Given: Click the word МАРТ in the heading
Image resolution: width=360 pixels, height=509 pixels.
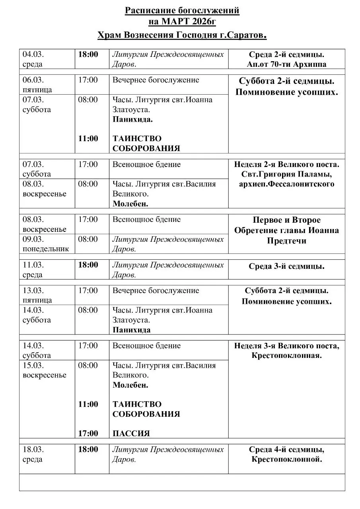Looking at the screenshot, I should pos(176,22).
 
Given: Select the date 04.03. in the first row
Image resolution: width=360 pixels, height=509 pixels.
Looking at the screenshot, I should pos(33,54).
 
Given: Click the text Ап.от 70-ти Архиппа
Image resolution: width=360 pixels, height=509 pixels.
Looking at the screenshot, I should pos(286,64).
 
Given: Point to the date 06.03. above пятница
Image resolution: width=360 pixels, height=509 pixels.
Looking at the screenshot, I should pos(33,80).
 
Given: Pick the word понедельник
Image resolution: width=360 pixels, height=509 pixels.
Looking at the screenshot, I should pos(46,249).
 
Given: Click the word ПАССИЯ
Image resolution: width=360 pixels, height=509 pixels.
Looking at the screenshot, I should pos(131,433).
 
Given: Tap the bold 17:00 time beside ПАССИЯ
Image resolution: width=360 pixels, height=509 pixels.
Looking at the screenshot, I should pos(88,433).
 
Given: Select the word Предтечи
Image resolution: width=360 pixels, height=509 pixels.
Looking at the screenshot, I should pos(286,241).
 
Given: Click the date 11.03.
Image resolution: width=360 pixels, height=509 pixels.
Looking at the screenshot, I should pos(33,265).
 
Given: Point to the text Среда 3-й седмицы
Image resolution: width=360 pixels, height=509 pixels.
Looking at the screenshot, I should pos(286,266).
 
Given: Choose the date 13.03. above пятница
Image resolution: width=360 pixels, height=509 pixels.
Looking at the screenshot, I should pos(33,291).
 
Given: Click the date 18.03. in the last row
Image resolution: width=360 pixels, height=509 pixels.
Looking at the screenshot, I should pos(33,449).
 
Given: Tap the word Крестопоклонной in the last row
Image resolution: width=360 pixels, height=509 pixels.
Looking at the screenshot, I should pos(286,460).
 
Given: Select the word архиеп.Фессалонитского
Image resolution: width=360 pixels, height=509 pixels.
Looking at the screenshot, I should pos(286,184).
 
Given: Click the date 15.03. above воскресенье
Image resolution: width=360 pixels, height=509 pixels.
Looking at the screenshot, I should pos(33,365).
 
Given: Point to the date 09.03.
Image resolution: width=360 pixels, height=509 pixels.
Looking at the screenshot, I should pos(33,239).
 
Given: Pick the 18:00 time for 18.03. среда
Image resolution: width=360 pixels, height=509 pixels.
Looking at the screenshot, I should pos(88,449).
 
